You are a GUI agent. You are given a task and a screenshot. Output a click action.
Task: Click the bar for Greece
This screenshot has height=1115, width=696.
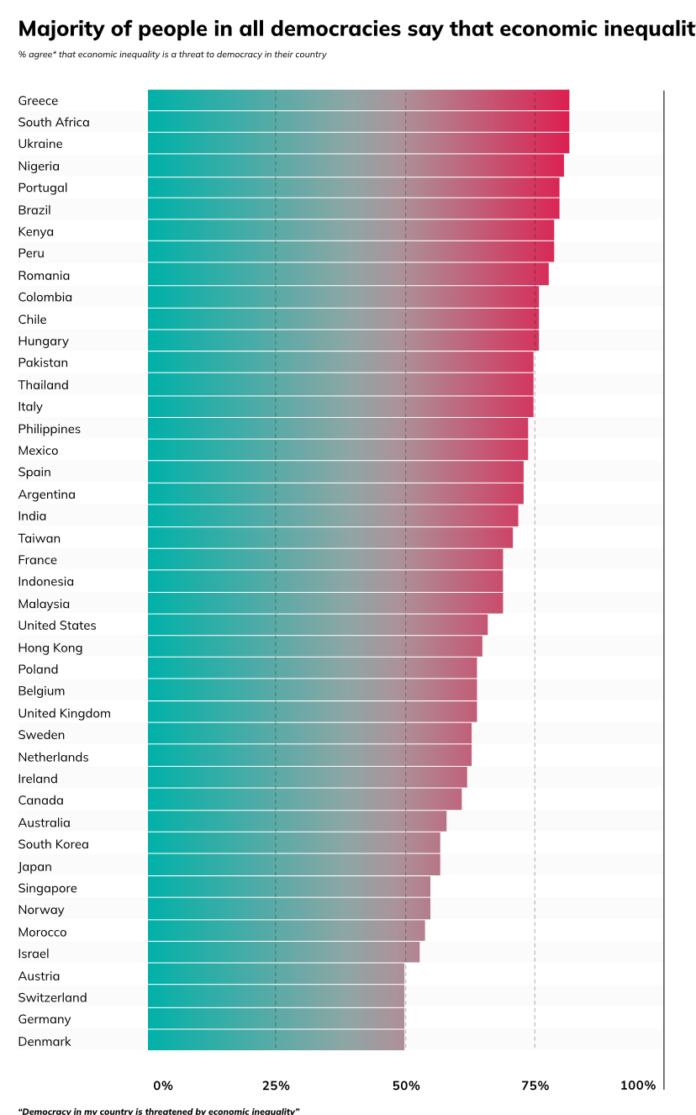click(358, 100)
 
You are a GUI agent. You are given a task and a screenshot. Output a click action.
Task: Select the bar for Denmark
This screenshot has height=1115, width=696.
click(276, 1041)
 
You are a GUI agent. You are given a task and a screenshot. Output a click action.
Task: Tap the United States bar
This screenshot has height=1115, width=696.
click(318, 625)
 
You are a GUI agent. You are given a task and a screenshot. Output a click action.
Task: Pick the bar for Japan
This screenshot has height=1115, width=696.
click(294, 866)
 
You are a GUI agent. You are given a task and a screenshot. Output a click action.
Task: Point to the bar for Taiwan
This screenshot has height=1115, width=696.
click(330, 537)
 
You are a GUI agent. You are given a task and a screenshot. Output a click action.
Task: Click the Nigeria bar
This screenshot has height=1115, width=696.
click(356, 166)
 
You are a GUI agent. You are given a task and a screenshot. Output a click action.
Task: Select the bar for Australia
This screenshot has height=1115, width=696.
click(297, 822)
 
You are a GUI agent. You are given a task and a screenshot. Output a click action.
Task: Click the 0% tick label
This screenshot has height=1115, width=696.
click(163, 1086)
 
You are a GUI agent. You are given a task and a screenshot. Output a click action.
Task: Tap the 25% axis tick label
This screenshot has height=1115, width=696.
click(276, 1086)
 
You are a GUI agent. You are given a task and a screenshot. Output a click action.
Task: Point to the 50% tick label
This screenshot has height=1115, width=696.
click(406, 1086)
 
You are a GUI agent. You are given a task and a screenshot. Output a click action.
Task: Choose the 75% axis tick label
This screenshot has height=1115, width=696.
click(535, 1086)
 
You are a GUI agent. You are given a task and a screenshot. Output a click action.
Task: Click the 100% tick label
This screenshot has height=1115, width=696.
click(637, 1086)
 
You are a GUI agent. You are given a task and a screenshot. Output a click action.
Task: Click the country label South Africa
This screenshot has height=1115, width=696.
click(54, 122)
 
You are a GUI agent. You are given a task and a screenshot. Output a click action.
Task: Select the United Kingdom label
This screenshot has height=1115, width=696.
click(65, 713)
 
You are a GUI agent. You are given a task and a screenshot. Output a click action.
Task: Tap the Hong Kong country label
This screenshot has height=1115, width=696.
click(50, 647)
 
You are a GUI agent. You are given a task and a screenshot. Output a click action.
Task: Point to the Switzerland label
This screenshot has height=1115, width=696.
click(52, 997)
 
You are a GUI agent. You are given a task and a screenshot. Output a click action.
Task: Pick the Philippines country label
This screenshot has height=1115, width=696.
click(50, 429)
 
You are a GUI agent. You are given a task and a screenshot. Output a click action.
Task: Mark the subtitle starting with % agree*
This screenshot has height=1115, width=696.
click(172, 55)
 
